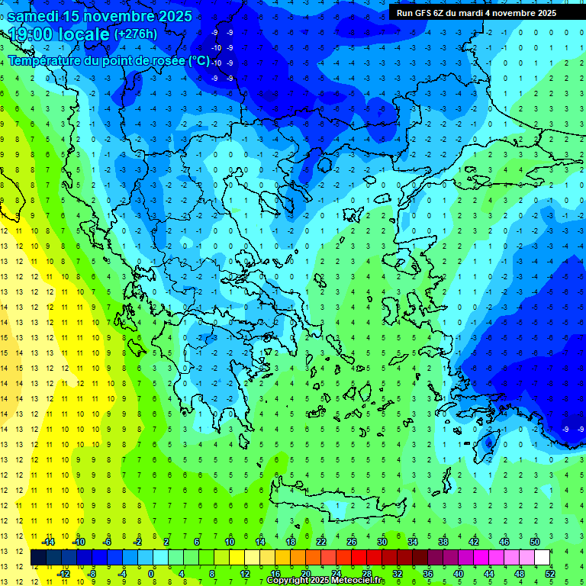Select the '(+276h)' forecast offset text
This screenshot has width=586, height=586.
tap(136, 34)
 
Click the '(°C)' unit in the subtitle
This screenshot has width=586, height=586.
tap(199, 60)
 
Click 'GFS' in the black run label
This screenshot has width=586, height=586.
tap(424, 13)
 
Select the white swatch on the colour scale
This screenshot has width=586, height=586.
tap(543, 558)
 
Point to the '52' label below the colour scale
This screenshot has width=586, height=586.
tap(550, 573)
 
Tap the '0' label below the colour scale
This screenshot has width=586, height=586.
tap(152, 573)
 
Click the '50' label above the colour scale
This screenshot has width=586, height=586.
tap(535, 542)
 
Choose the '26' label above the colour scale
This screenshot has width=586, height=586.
tap(351, 542)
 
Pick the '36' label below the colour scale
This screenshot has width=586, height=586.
tap(428, 573)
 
